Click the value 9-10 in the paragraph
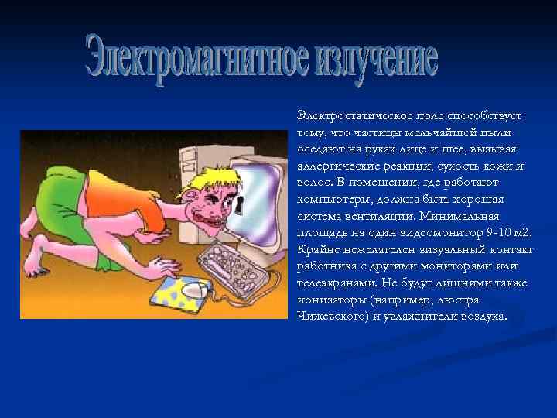click(488, 233)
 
